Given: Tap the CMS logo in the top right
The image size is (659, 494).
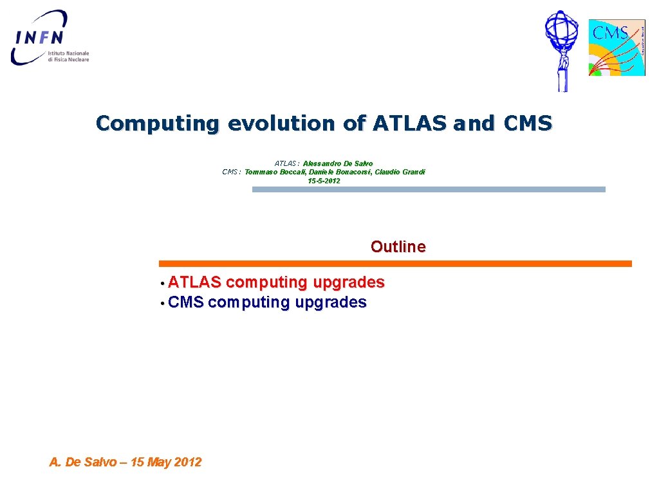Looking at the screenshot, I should pos(617,48).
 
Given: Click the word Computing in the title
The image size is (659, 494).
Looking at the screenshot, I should pos(157,123).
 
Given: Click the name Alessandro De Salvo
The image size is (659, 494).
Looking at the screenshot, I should pos(337,163).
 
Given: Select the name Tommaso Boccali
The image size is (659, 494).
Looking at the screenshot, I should pos(275,172).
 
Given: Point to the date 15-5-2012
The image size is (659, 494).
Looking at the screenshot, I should pos(324,181).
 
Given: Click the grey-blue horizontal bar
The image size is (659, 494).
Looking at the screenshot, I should pos(429,190).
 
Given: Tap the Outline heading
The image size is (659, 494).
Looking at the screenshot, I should pos(398,246).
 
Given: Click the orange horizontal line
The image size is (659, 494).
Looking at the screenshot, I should pos(395,264).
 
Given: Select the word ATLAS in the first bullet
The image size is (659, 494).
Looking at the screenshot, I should pos(195,282).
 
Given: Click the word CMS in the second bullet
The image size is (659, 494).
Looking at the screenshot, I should pos(186,302).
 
